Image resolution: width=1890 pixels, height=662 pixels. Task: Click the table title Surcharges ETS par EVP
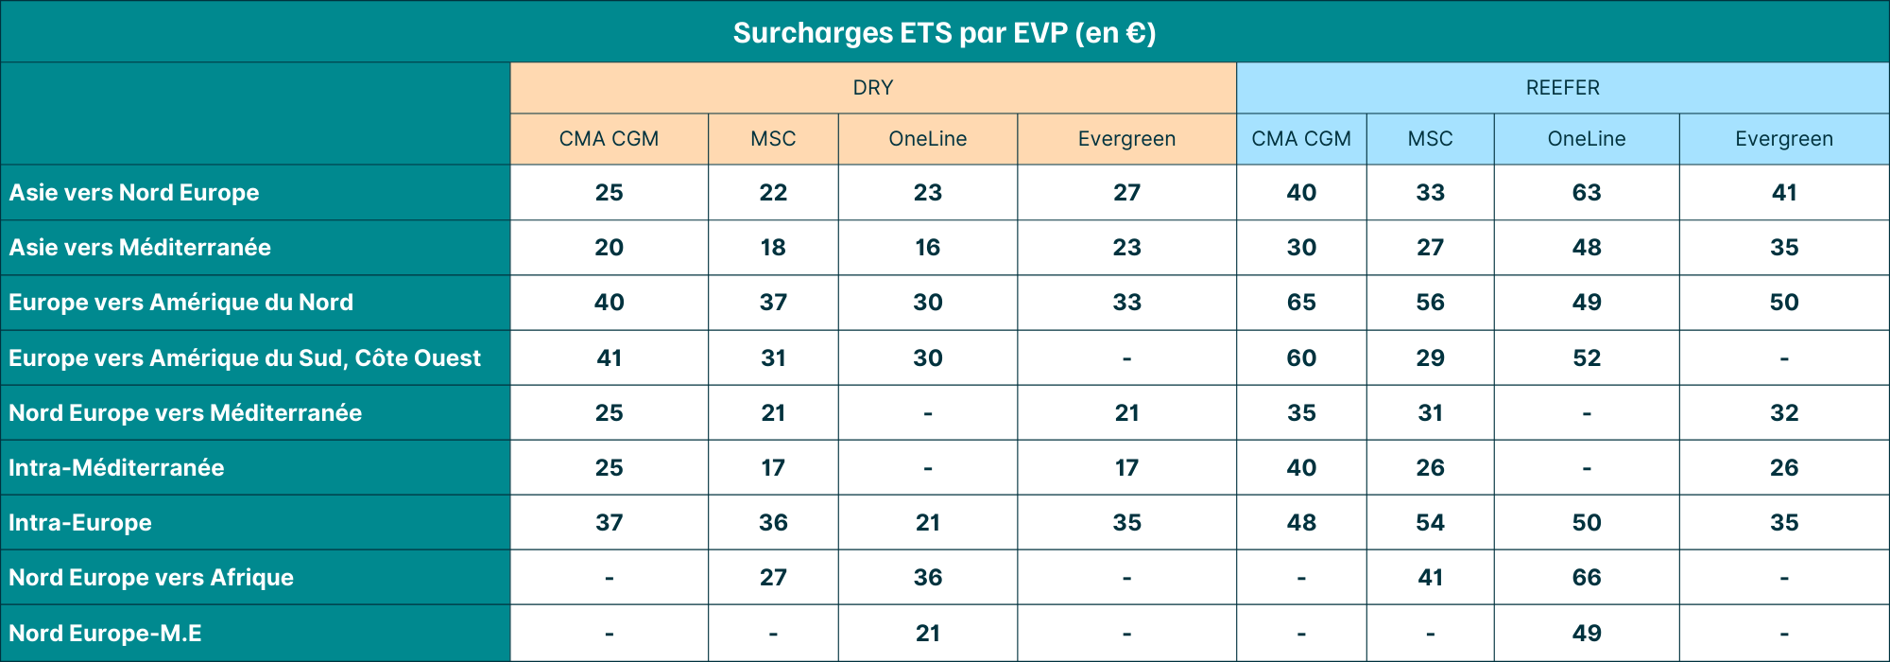click(x=944, y=33)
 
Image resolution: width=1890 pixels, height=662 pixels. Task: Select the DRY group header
click(x=872, y=88)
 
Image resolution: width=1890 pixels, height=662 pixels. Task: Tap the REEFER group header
click(x=1562, y=88)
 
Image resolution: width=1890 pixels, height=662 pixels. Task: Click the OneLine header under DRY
click(x=927, y=139)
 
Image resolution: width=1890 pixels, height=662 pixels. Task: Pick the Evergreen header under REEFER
click(x=1783, y=139)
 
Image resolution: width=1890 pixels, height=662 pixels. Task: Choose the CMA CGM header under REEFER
click(x=1300, y=139)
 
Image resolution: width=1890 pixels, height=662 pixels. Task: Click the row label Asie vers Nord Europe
click(x=134, y=193)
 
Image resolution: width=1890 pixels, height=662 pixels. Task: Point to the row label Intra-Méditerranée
click(x=116, y=468)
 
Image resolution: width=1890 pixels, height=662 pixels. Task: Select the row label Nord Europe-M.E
click(x=105, y=634)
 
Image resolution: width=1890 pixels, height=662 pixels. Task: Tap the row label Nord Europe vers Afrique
click(x=151, y=578)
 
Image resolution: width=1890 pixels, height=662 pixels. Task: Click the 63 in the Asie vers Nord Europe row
click(x=1586, y=193)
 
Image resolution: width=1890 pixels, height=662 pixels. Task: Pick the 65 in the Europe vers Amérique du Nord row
click(x=1300, y=303)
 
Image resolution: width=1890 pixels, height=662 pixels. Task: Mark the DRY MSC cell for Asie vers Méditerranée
click(x=772, y=248)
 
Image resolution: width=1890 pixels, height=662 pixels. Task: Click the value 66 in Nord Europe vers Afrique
click(x=1586, y=578)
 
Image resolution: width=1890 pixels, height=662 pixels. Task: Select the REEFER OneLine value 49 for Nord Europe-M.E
click(x=1586, y=634)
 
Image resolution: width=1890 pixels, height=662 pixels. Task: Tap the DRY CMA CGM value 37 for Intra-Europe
click(x=609, y=523)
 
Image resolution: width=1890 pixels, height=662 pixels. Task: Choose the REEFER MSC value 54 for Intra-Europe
click(x=1430, y=523)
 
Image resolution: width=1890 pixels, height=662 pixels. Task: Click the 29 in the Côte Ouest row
click(x=1430, y=358)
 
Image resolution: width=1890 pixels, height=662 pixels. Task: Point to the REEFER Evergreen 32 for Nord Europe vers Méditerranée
click(x=1783, y=413)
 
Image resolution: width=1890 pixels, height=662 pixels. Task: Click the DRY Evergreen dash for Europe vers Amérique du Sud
click(x=1126, y=358)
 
